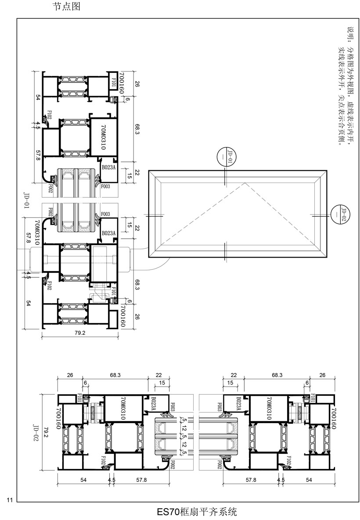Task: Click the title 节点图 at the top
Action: (x=66, y=6)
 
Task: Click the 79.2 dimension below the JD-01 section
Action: (x=80, y=333)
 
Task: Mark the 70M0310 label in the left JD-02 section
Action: (x=123, y=409)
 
